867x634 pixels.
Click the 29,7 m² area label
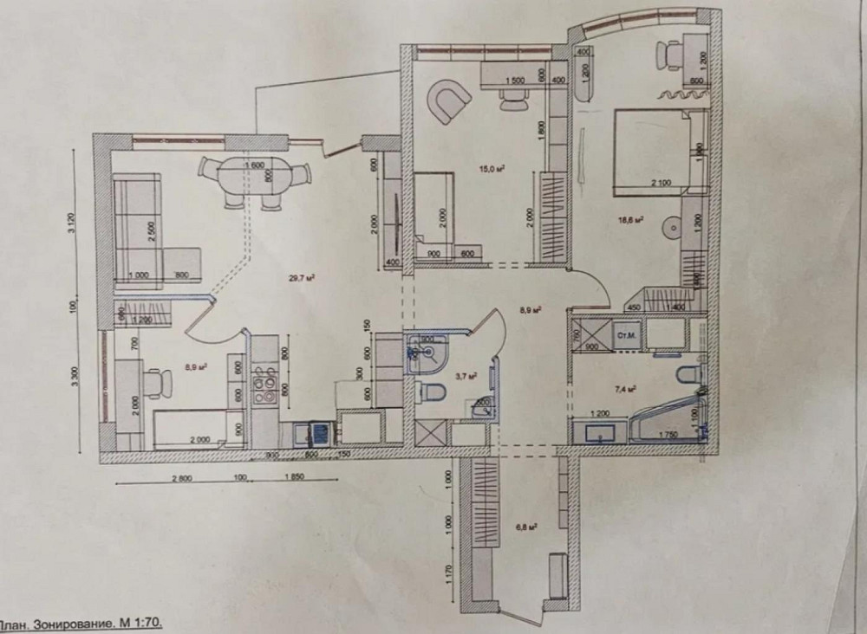click(300, 278)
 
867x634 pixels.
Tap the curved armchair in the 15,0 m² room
click(448, 101)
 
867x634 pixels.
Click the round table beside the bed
click(671, 228)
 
